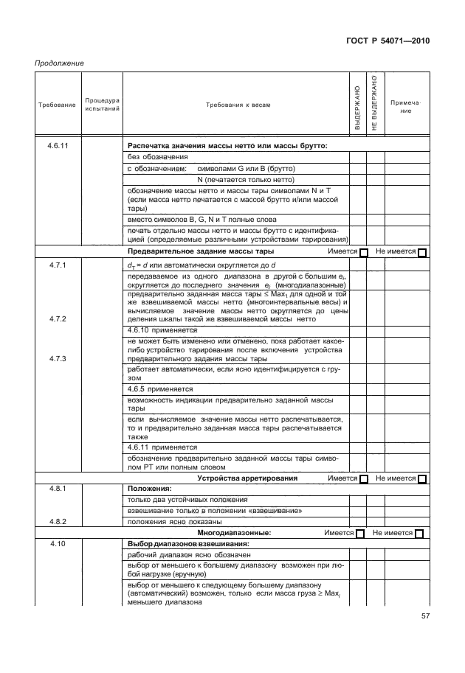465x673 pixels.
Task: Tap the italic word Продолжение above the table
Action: coord(59,63)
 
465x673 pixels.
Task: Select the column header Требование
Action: coord(57,105)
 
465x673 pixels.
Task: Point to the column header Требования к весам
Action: coord(238,105)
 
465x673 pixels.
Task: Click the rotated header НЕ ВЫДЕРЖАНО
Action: coord(375,103)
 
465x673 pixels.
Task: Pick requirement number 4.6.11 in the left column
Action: coord(58,146)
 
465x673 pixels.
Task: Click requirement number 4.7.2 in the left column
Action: coord(58,318)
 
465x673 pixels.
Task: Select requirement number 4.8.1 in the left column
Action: coord(58,489)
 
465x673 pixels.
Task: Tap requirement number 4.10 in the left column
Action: coord(58,543)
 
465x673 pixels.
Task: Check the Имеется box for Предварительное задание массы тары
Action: coord(363,253)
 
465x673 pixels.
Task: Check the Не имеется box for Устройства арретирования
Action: coord(422,479)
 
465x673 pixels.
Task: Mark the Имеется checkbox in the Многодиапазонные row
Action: coord(360,533)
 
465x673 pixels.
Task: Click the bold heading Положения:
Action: coord(150,489)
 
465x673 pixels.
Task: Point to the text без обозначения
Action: coord(157,157)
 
